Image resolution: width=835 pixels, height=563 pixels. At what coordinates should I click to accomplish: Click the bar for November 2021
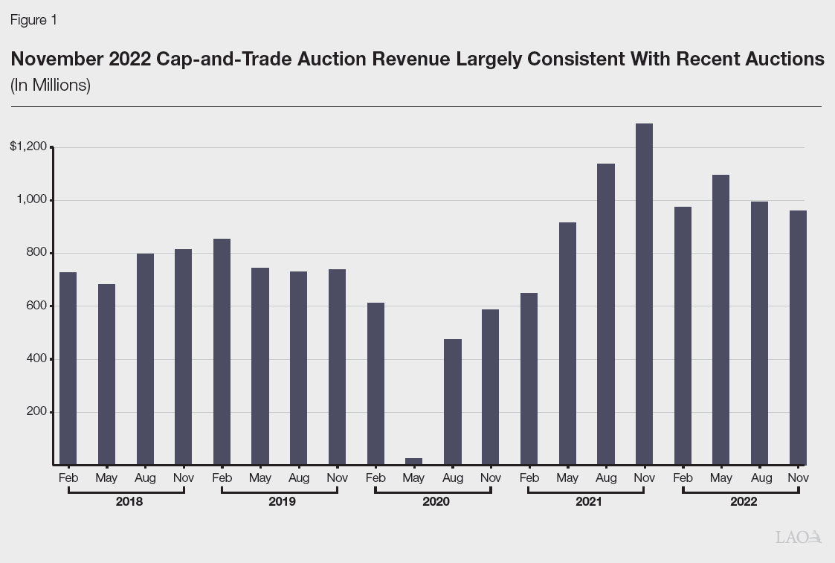coord(644,294)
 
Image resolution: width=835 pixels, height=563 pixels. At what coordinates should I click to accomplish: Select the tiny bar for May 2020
coord(413,461)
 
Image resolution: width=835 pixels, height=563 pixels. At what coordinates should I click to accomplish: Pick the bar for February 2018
coord(68,368)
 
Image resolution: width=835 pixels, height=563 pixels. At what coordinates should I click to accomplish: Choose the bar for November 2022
coord(798,338)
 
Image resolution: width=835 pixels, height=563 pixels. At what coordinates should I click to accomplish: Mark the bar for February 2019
coord(222,352)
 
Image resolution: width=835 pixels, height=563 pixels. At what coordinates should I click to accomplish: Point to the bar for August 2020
coord(452,402)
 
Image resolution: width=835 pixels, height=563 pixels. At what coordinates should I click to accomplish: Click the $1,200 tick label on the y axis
coord(29,147)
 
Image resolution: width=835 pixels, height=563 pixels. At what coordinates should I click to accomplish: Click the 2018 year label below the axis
coord(129,502)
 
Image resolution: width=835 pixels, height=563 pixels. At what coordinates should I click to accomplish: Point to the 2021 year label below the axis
coord(588,502)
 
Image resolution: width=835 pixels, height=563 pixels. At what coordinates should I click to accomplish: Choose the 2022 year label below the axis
coord(743,502)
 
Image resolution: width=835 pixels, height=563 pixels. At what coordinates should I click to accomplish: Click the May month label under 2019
coord(260,478)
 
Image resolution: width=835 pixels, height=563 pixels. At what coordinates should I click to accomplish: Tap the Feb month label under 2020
coord(375,478)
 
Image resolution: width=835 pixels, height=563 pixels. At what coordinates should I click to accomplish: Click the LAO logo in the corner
coord(798,537)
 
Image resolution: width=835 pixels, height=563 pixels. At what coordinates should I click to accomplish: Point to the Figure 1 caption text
coord(33,21)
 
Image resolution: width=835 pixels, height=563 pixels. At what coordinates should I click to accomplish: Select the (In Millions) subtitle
coord(51,86)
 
